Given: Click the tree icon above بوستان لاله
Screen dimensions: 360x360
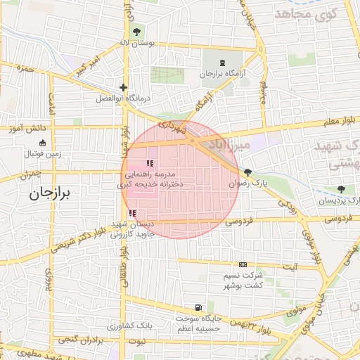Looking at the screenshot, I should point(136,31).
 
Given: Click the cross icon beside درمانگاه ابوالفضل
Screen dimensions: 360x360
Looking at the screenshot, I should point(123,87).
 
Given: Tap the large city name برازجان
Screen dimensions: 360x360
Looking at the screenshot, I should point(51,194).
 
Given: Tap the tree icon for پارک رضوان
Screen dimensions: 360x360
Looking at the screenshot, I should point(247,172).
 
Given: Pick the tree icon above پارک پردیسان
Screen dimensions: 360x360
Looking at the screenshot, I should point(341,189).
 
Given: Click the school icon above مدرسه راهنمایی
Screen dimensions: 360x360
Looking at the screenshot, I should point(148,164).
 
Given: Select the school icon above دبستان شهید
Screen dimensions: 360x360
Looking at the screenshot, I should point(132,213).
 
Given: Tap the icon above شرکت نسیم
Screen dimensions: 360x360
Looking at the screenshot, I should point(243,264).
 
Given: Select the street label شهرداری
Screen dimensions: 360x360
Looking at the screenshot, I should point(172,127).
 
